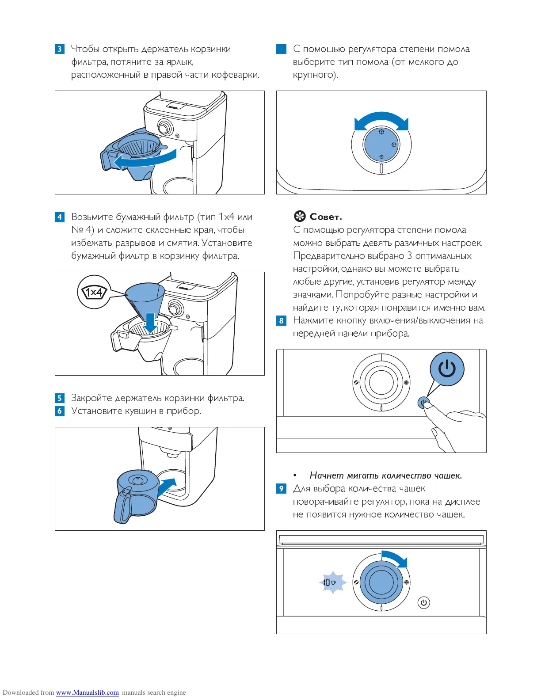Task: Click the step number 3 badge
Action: coord(60,49)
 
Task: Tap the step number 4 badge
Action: coord(60,217)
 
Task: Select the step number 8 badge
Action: coord(281,320)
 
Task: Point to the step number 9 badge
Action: coord(281,489)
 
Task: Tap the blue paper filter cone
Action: coord(145,298)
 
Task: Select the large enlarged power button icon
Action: coord(447,369)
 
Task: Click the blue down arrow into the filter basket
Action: coord(151,323)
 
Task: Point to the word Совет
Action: coord(326,217)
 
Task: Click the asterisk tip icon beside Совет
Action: coord(300,217)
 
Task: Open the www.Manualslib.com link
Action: coord(88,692)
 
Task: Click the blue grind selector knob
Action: coord(381,145)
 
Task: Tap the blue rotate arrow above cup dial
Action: coord(395,558)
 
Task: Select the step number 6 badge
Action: coord(60,411)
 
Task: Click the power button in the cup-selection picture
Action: coord(423,602)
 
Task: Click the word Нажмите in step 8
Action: coord(313,320)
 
